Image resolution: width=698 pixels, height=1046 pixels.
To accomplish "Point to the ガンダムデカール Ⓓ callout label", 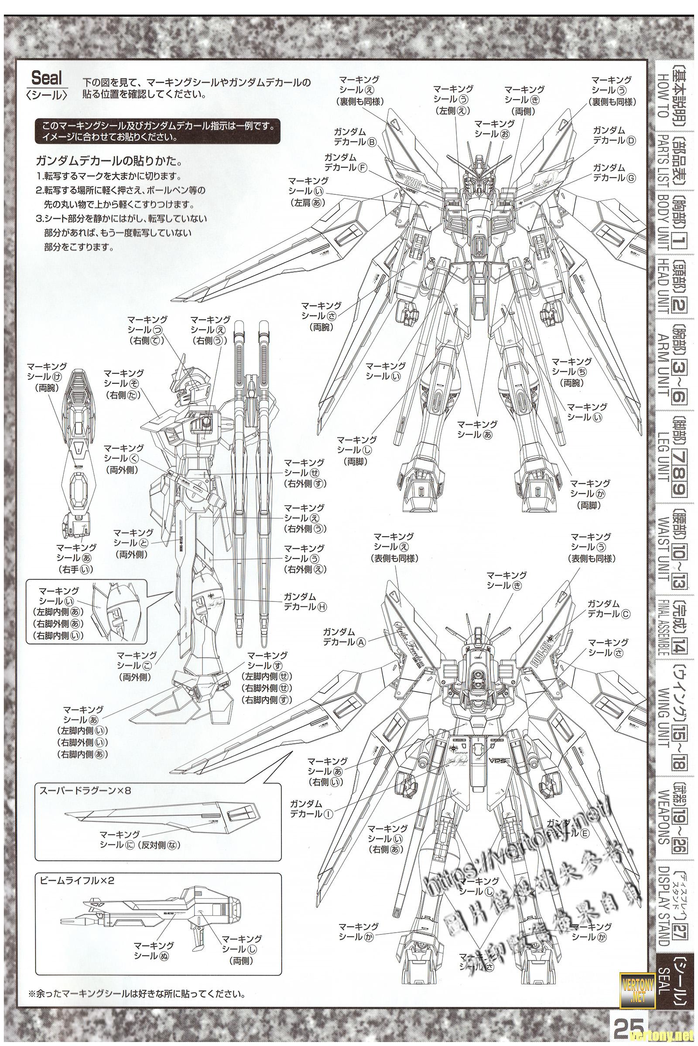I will click(x=614, y=135).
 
